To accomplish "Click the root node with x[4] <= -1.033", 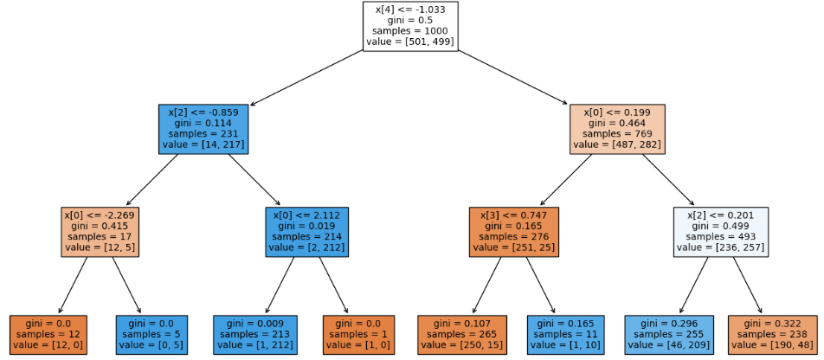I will pos(409,26).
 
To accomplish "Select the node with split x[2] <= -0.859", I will pos(204,129).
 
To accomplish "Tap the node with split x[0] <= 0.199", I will pos(617,129).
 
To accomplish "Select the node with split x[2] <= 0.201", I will pos(720,231).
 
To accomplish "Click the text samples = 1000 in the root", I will pos(409,31).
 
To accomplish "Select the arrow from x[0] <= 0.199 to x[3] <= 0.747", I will pos(566,180).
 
